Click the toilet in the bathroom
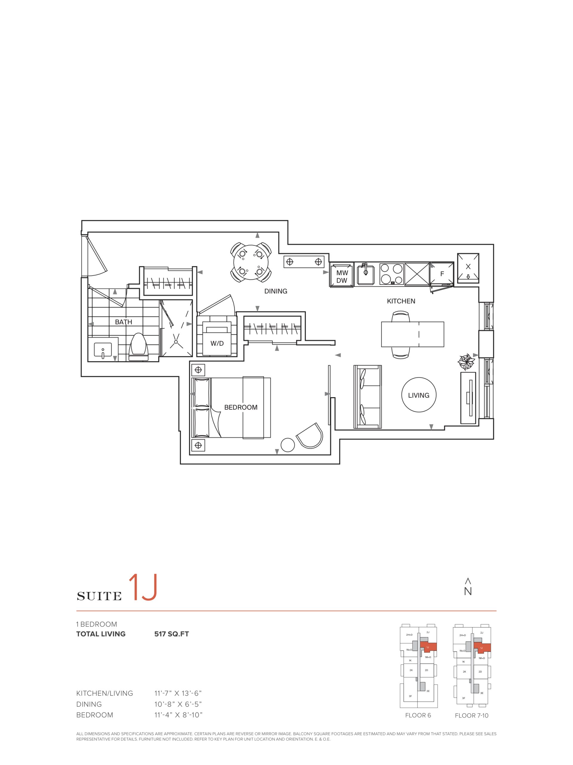tap(138, 347)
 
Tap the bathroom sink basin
tap(103, 350)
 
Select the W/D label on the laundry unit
tap(217, 343)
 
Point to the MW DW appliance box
tap(342, 275)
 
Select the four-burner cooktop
tap(391, 274)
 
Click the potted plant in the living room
tap(466, 362)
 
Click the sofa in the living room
tap(367, 397)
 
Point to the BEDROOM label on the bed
tap(241, 407)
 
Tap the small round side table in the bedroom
tap(288, 445)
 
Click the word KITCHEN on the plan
tap(401, 301)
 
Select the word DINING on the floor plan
tap(276, 291)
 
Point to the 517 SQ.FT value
tap(172, 634)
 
